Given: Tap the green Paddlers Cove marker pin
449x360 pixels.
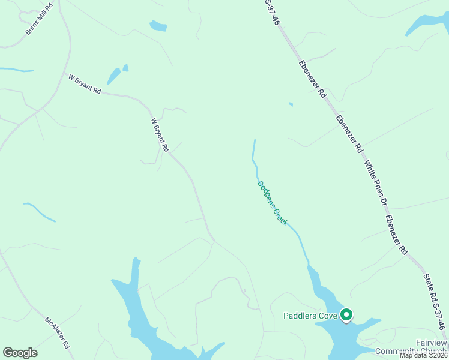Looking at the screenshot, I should [x=346, y=314].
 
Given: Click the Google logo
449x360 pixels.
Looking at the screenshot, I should [x=20, y=353].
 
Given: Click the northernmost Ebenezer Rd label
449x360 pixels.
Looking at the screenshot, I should [x=312, y=79].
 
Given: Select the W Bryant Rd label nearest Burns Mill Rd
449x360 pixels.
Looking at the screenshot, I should [x=85, y=83].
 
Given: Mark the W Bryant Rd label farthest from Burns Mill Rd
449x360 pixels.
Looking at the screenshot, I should [x=160, y=134].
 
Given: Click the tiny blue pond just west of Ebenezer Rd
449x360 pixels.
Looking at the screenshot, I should [x=291, y=104].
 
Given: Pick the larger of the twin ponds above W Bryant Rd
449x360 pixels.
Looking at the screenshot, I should [x=113, y=76].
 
